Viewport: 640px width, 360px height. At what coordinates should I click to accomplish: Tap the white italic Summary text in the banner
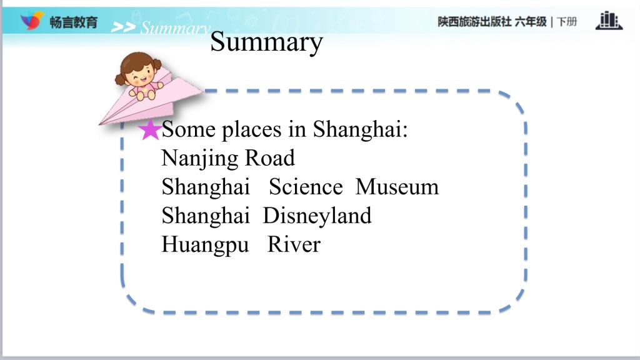tap(176, 27)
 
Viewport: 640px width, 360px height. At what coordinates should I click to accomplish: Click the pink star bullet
tap(150, 130)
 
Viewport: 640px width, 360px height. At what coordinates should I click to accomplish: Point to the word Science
tap(306, 187)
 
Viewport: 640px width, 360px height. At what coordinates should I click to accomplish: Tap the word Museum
tap(397, 187)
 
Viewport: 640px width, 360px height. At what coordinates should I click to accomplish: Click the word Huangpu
tap(205, 246)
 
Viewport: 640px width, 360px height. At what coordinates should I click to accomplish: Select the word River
tap(294, 244)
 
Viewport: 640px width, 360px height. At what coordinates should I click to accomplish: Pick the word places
tap(252, 130)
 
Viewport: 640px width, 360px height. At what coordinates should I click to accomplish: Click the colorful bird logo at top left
tap(32, 21)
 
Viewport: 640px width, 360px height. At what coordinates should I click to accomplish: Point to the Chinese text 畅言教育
tap(74, 22)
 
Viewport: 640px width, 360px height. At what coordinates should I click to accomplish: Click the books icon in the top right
tap(609, 21)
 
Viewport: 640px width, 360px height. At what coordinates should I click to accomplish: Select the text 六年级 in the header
tap(531, 22)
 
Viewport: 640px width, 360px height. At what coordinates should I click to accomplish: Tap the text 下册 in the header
tap(567, 22)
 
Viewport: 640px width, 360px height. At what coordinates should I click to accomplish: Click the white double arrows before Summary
tap(123, 27)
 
